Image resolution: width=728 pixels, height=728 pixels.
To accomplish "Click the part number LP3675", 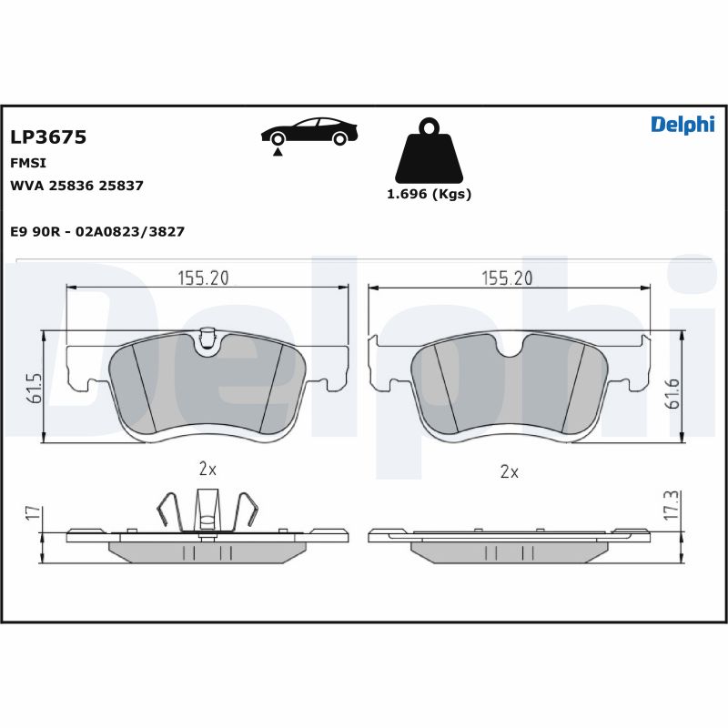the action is pos(48,137).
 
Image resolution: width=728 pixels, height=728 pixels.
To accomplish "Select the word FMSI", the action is pos(28,163).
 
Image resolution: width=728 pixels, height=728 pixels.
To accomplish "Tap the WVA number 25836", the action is pos(71,186).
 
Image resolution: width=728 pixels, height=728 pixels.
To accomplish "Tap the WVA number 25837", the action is pos(121,186).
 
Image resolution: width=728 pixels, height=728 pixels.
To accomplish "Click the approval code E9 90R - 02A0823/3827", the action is pos(97,231).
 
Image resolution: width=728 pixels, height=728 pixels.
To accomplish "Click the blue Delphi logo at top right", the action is pos(682,125).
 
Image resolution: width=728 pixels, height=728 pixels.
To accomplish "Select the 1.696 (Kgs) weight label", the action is pos(429,194).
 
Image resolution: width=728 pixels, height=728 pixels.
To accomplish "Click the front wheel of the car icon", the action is pos(278,139).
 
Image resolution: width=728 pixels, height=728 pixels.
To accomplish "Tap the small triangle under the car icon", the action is pos(278,152).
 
